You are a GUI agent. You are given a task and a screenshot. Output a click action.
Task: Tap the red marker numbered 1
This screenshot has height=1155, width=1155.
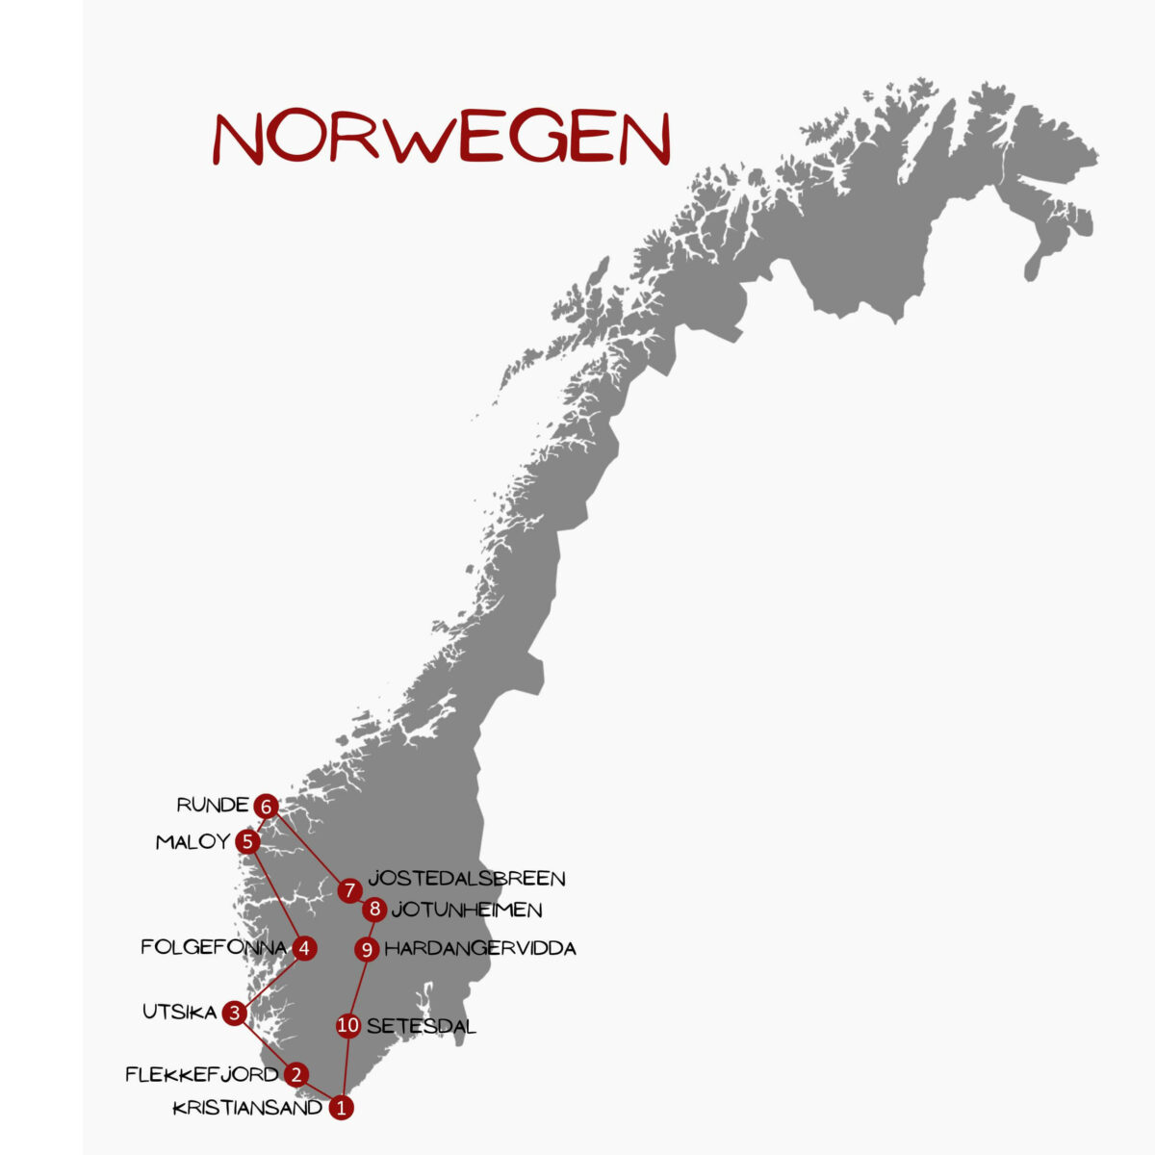click(x=341, y=1108)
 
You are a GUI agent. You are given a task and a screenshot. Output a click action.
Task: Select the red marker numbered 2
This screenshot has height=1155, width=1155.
click(x=296, y=1074)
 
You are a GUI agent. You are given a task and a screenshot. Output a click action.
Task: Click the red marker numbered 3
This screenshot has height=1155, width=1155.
click(x=235, y=1013)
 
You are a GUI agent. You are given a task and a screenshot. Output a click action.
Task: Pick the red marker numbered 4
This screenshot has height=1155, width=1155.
click(x=304, y=948)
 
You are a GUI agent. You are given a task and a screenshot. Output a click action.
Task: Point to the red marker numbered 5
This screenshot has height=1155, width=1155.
click(x=248, y=842)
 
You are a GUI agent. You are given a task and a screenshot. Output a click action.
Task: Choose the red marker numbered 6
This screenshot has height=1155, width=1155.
click(x=267, y=806)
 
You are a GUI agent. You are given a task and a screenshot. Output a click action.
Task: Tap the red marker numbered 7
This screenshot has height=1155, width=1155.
click(x=349, y=890)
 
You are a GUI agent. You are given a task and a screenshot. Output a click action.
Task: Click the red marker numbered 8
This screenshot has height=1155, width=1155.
click(x=374, y=910)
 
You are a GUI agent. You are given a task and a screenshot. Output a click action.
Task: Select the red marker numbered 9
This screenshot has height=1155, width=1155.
click(x=367, y=950)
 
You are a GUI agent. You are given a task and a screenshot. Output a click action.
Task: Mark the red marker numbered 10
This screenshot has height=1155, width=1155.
click(x=348, y=1026)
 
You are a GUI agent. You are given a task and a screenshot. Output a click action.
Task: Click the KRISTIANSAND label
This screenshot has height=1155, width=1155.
click(x=248, y=1108)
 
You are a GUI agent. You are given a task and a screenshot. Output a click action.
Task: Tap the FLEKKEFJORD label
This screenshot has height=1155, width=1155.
click(x=202, y=1074)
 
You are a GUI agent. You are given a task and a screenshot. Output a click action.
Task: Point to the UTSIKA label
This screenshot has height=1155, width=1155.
click(x=180, y=1013)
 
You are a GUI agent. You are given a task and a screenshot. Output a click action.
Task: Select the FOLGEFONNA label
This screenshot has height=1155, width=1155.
click(x=214, y=948)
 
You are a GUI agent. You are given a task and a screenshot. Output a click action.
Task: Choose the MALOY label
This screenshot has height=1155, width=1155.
click(x=192, y=842)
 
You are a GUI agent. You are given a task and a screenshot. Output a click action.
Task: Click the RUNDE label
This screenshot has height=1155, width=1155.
click(x=213, y=805)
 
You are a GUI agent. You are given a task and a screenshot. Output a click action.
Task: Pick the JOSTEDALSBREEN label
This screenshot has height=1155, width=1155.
click(x=467, y=878)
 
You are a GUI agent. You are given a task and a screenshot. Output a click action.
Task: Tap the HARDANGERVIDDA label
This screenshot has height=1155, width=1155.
click(x=480, y=949)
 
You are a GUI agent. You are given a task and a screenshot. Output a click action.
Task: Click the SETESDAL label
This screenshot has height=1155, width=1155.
click(x=422, y=1026)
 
